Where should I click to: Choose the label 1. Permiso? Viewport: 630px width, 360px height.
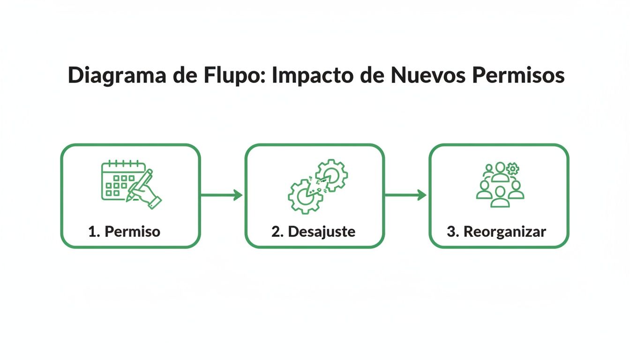tap(124, 232)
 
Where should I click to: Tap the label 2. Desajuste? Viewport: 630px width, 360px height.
tap(313, 232)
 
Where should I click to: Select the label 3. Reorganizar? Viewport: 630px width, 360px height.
tap(496, 232)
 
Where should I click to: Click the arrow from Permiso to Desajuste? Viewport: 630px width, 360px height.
tap(222, 195)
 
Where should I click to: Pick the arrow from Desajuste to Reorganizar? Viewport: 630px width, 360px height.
tap(406, 195)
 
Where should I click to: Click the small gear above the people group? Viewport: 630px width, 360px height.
tap(513, 168)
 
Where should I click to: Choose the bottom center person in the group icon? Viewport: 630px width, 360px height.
tap(500, 197)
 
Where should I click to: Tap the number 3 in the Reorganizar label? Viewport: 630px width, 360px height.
tap(450, 232)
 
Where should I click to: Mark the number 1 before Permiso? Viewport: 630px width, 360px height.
tap(92, 232)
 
